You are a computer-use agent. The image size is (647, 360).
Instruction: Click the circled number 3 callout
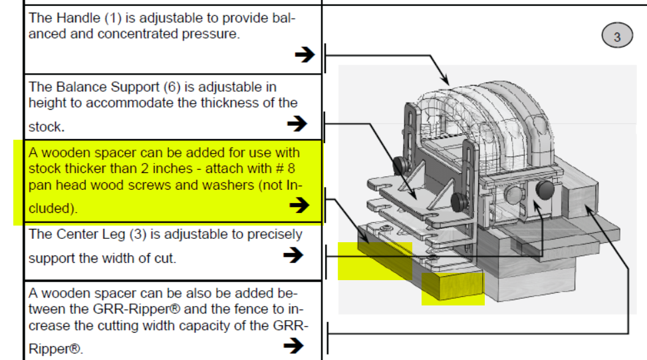[x=616, y=37]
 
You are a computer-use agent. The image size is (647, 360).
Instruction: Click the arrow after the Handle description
[x=304, y=55]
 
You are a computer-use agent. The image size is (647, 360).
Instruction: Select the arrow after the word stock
[x=297, y=123]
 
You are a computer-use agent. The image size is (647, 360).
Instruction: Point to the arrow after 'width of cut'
[x=293, y=255]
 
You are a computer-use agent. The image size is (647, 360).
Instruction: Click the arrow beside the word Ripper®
[x=293, y=345]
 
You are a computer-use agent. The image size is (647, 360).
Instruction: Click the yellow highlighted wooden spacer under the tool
[x=453, y=287]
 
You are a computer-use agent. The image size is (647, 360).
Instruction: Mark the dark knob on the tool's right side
[x=545, y=191]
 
